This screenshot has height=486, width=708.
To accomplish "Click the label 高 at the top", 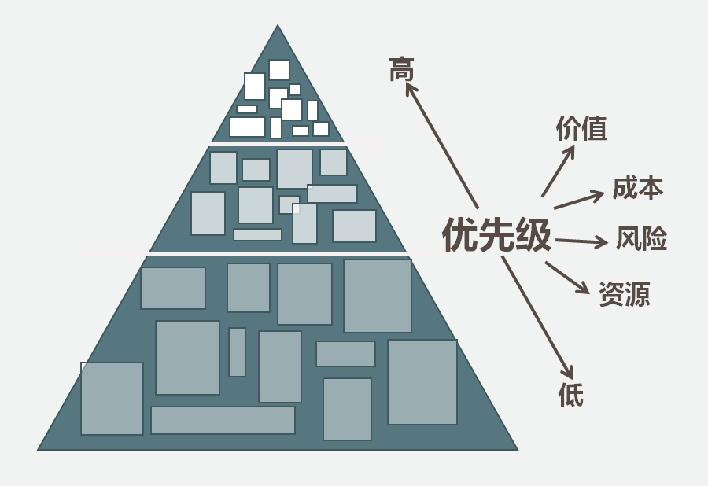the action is [x=401, y=71].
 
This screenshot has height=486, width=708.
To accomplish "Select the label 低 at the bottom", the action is [x=571, y=393].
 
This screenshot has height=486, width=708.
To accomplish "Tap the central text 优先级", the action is [x=496, y=235].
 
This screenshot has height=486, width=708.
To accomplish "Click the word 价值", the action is [x=581, y=128].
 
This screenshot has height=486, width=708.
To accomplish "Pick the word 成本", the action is [x=637, y=188].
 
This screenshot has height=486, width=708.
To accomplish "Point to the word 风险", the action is [x=641, y=238].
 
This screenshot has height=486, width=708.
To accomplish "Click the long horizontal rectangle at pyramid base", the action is [x=223, y=420].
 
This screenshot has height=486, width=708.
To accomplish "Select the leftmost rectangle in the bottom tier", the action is [x=112, y=398].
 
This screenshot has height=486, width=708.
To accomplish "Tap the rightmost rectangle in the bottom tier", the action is [x=422, y=382].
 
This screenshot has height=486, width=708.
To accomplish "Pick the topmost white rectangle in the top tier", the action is [x=279, y=69].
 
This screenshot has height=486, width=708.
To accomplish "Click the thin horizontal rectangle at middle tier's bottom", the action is [x=257, y=234].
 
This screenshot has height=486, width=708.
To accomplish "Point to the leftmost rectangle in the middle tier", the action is [x=208, y=213].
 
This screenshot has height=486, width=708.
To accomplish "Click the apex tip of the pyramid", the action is [x=278, y=28].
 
